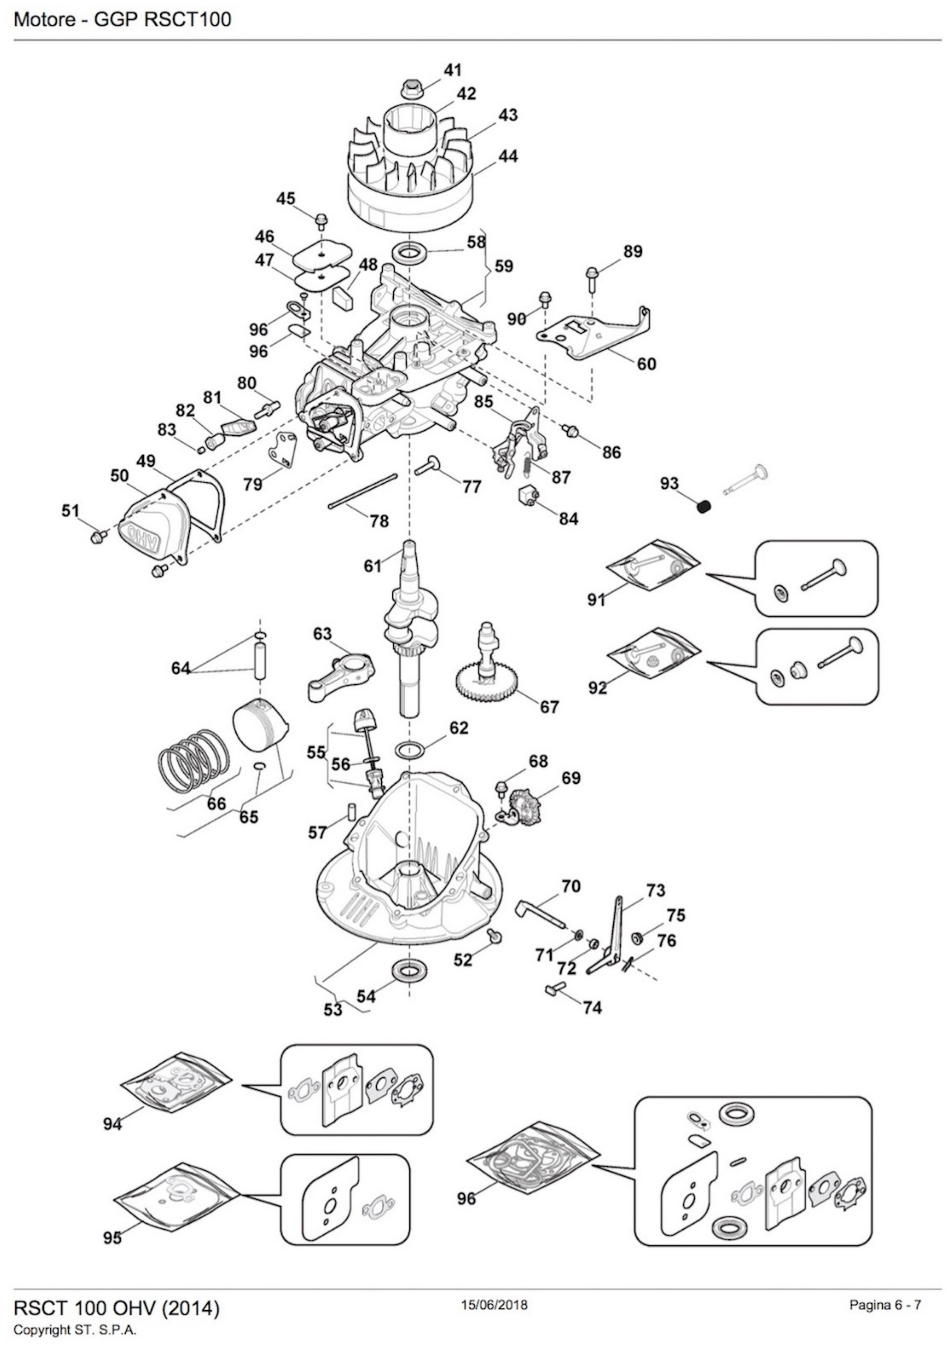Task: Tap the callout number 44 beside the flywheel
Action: tap(508, 156)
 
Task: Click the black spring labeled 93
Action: tap(704, 505)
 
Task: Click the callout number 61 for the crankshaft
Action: tap(373, 566)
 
